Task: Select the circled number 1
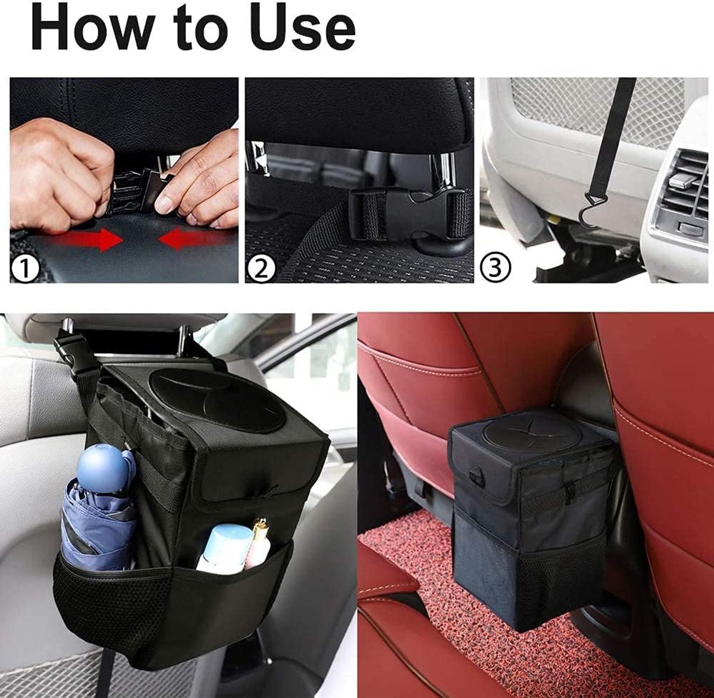[25, 268]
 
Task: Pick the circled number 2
[261, 268]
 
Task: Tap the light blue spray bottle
[224, 548]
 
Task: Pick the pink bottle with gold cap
[259, 543]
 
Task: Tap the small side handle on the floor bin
[475, 477]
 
